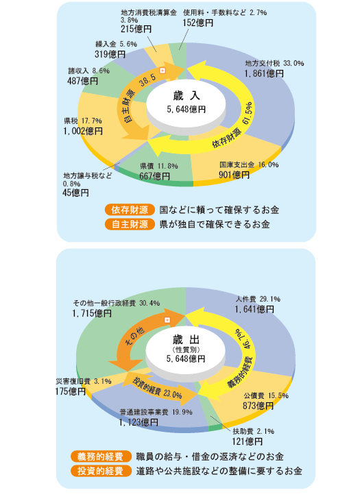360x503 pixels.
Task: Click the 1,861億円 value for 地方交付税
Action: [264, 73]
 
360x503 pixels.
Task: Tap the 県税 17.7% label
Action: [83, 121]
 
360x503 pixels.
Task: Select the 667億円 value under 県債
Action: [155, 176]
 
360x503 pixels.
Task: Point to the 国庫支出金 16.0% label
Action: [249, 164]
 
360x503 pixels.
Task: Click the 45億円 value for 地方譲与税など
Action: [75, 193]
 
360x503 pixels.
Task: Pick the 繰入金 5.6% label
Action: [116, 44]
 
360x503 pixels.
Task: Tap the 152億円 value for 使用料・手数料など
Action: [198, 23]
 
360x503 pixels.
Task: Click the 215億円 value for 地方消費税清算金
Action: [136, 29]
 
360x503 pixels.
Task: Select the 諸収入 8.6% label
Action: [89, 71]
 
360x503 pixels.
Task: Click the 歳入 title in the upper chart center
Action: [187, 95]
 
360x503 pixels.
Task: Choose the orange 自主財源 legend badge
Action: [130, 224]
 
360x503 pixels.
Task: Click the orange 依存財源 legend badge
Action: [130, 210]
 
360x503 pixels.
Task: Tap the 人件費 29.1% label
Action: [258, 299]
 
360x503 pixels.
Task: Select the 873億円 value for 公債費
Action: [258, 406]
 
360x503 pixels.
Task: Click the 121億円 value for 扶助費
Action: [248, 441]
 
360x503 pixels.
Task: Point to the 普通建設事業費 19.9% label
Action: [156, 412]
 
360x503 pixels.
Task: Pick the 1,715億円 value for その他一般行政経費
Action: [92, 313]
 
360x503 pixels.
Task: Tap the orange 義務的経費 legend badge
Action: [101, 456]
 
